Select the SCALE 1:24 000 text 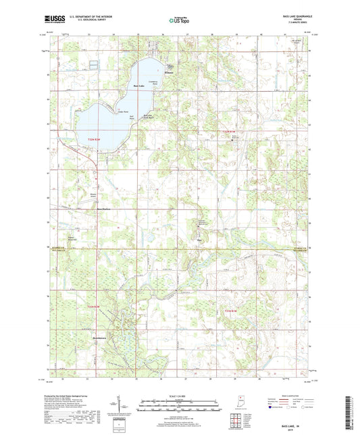pyautogui.click(x=179, y=395)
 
